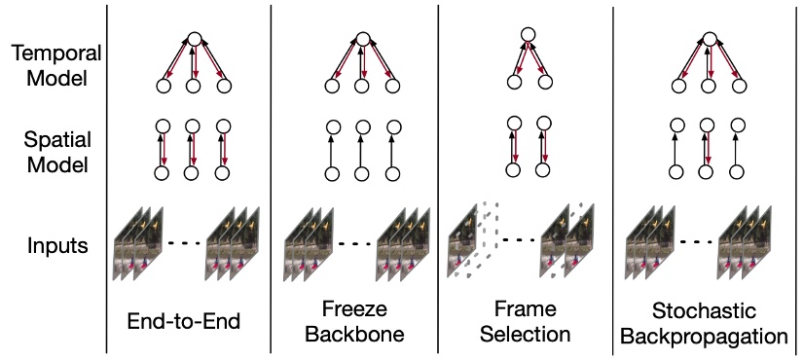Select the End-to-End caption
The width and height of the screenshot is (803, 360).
pyautogui.click(x=189, y=319)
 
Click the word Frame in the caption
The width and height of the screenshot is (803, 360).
pyautogui.click(x=526, y=309)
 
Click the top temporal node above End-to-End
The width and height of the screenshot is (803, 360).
pyautogui.click(x=194, y=40)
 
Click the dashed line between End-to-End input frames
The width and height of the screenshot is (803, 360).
pyautogui.click(x=190, y=242)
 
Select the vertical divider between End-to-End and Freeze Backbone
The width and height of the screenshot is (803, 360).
pyautogui.click(x=270, y=175)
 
